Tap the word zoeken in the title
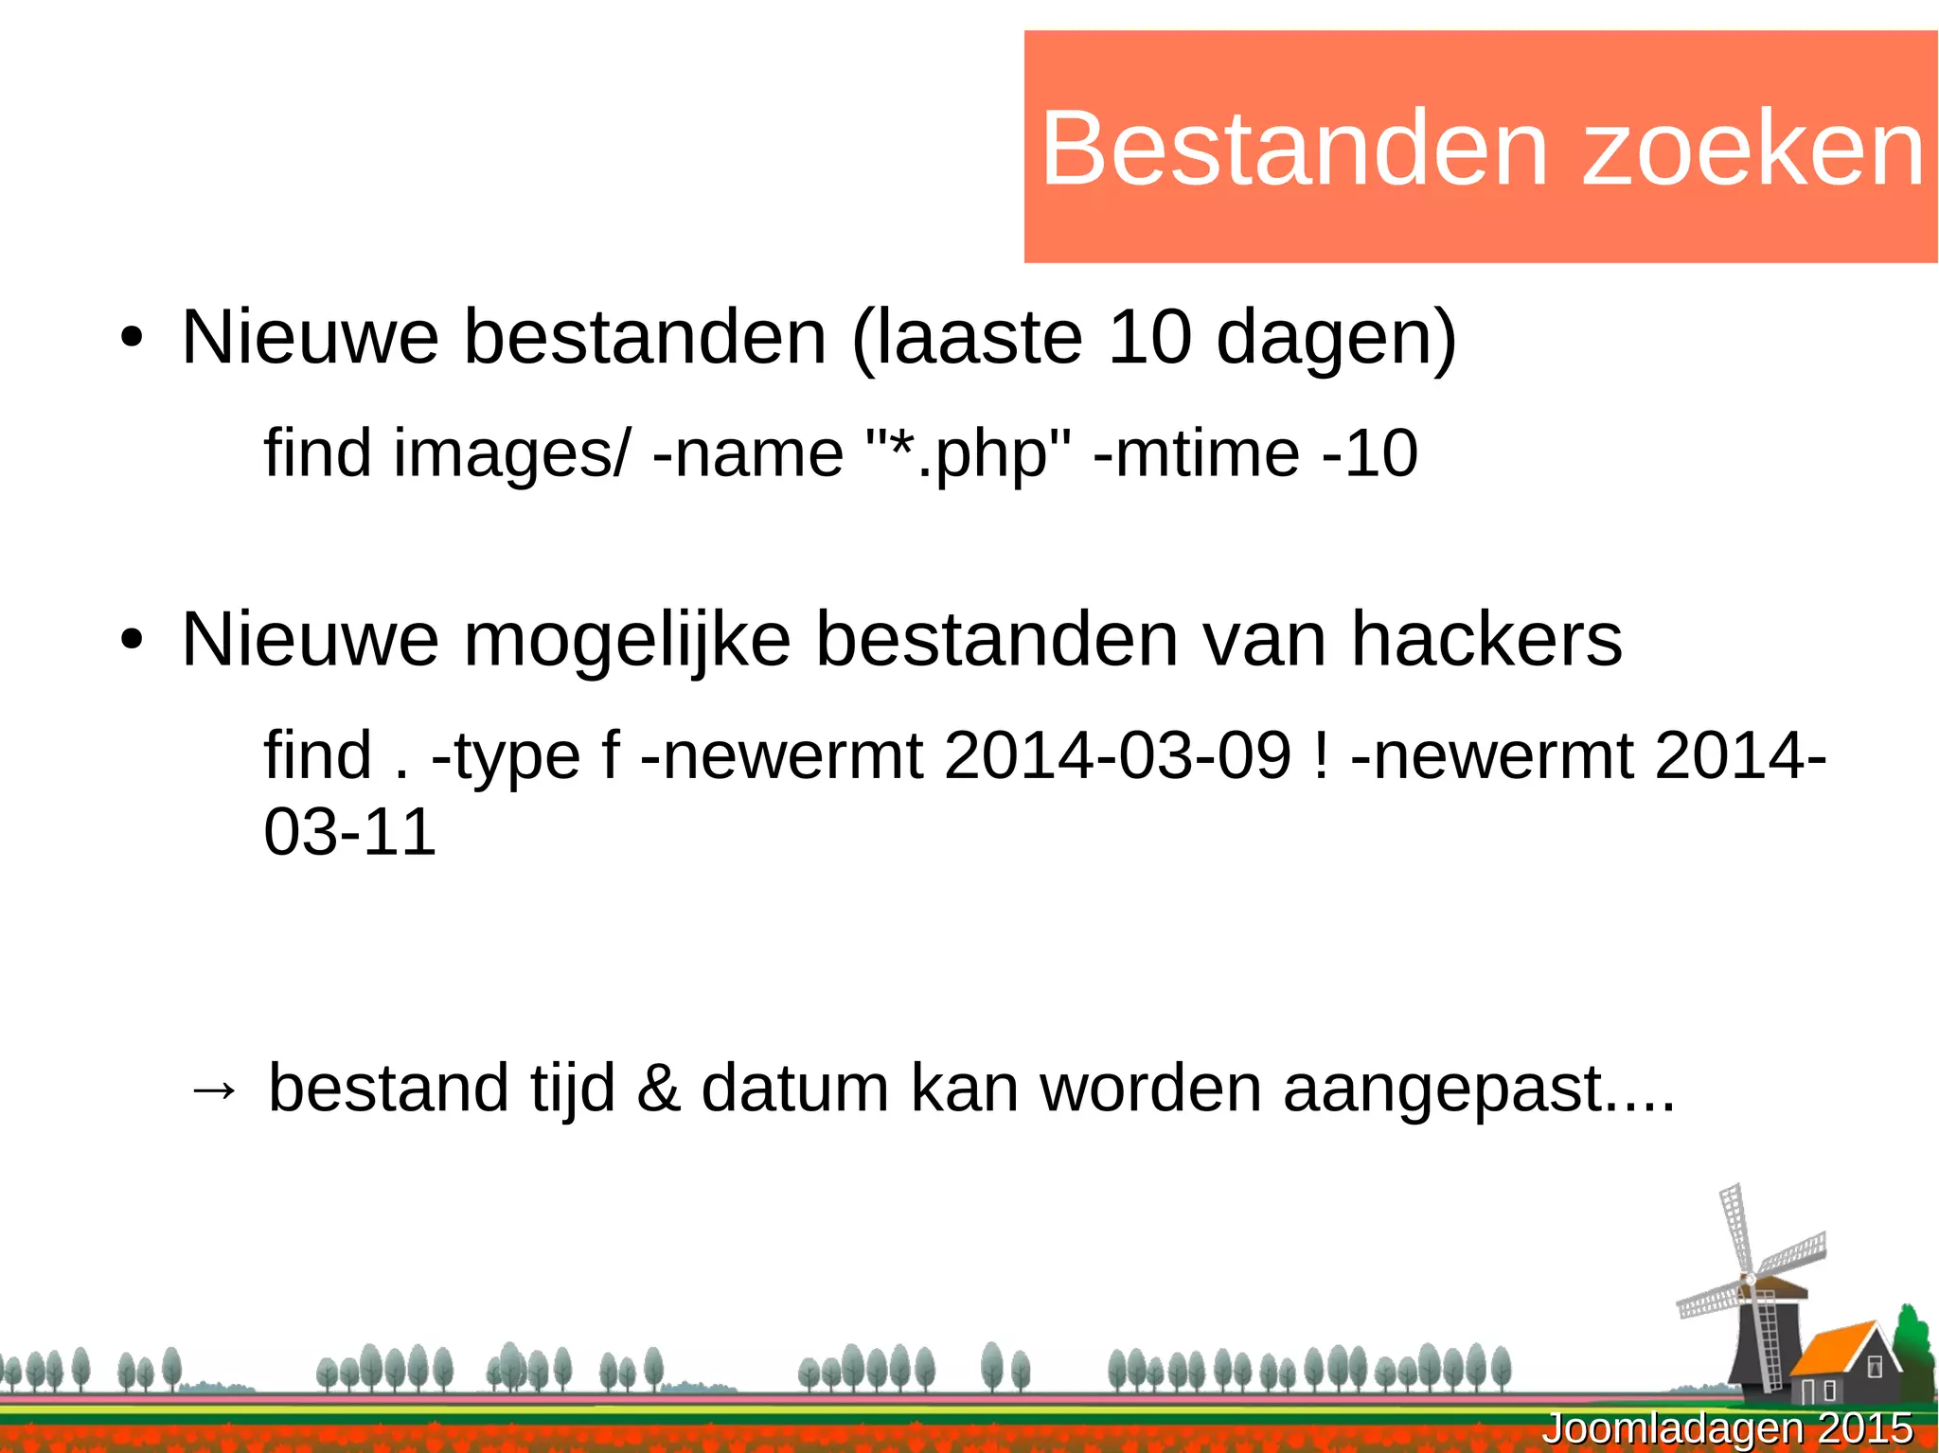tap(1753, 149)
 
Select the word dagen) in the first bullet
tap(1336, 339)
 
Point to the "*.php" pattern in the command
tap(969, 454)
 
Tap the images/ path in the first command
tap(510, 454)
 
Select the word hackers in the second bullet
tap(1485, 640)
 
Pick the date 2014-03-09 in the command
tap(1117, 756)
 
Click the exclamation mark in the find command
tap(1322, 756)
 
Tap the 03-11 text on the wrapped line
tap(349, 833)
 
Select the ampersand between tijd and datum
tap(658, 1089)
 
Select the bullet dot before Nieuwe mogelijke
tap(132, 641)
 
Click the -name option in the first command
tap(748, 454)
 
